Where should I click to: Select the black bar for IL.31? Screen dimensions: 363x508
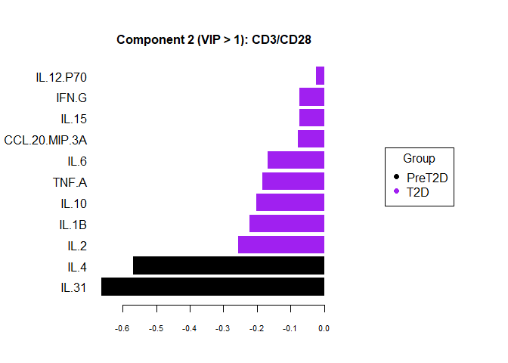(212, 287)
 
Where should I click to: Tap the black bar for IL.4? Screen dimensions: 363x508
(228, 265)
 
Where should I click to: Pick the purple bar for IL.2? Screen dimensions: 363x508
(281, 244)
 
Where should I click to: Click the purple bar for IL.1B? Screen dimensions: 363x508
(287, 223)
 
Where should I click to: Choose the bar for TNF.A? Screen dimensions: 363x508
(293, 181)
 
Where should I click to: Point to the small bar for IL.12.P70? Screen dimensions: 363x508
(320, 76)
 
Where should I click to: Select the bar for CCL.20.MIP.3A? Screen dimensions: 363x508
(311, 138)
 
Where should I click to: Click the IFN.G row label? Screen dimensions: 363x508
(72, 98)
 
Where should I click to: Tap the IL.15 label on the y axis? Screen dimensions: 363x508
(74, 119)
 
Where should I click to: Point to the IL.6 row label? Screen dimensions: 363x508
(77, 160)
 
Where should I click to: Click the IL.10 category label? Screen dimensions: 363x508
(74, 203)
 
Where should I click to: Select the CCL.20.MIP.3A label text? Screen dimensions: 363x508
(45, 140)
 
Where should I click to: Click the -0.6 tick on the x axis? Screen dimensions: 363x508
(122, 328)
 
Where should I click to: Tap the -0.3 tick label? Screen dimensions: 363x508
(223, 328)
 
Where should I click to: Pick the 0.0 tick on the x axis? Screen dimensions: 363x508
(324, 328)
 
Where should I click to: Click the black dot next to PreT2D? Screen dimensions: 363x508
(397, 178)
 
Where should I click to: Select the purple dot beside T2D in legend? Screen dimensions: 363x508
(397, 192)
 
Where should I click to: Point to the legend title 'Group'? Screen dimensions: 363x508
(419, 159)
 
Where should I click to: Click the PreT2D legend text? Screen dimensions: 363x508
(427, 178)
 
